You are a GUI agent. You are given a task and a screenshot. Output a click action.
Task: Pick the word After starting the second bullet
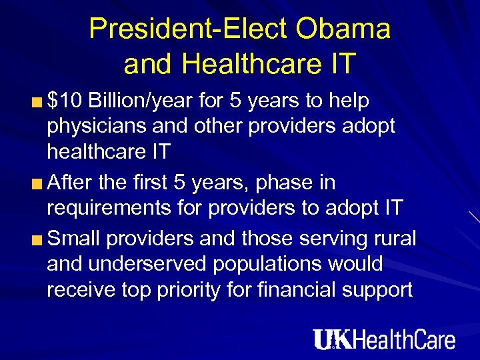click(71, 182)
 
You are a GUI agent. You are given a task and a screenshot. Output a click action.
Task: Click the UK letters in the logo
click(328, 339)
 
